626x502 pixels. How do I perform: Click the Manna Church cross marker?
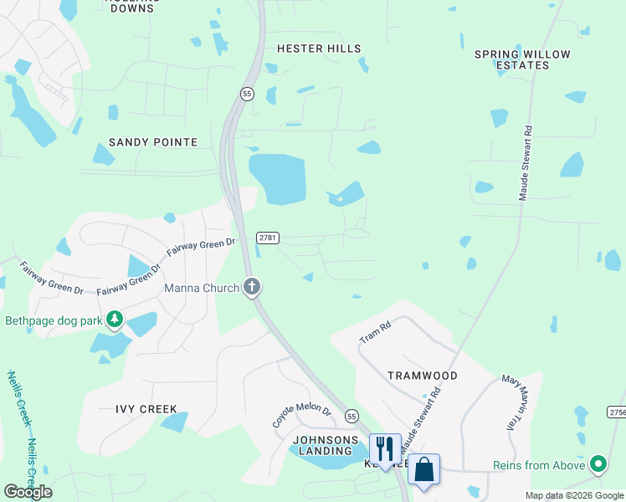(251, 288)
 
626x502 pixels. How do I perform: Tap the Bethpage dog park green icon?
(115, 320)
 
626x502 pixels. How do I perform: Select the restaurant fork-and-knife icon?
(385, 448)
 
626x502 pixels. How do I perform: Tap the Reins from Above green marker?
(598, 464)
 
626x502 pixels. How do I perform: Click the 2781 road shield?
(266, 238)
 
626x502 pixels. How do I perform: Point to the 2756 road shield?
(618, 412)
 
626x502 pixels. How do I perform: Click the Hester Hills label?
(318, 49)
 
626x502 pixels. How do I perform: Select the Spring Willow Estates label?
(522, 59)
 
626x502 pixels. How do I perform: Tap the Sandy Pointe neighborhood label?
(153, 142)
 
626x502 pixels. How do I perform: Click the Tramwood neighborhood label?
(423, 376)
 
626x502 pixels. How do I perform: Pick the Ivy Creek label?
(146, 409)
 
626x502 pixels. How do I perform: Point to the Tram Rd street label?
(375, 332)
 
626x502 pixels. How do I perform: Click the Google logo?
(28, 492)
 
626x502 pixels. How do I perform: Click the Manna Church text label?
(202, 288)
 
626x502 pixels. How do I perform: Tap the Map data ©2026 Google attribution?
(574, 496)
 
